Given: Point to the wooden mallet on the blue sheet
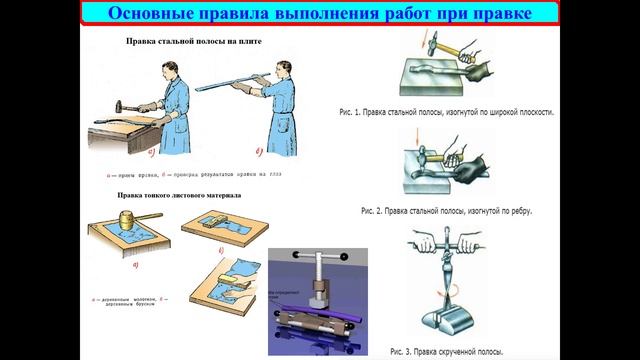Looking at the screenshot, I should click(x=127, y=221).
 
